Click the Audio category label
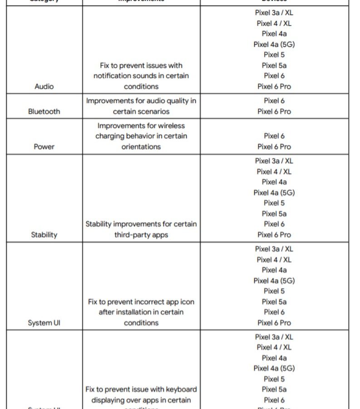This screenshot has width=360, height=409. (x=44, y=86)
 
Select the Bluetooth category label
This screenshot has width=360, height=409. (x=44, y=111)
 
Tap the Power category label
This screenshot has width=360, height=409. (x=44, y=147)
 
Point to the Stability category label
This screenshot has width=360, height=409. (x=44, y=235)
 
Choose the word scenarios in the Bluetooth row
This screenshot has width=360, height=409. (x=153, y=111)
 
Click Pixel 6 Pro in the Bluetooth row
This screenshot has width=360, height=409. (x=274, y=111)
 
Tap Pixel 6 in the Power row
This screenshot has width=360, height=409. (x=274, y=136)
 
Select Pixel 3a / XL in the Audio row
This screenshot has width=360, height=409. (x=274, y=13)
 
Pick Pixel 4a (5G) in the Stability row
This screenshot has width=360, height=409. (x=274, y=193)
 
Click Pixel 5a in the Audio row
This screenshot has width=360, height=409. (x=274, y=65)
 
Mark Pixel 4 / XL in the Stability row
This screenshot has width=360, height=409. (x=274, y=171)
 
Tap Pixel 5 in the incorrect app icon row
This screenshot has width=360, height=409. (x=274, y=291)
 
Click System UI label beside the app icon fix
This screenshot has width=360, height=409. (x=44, y=323)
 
